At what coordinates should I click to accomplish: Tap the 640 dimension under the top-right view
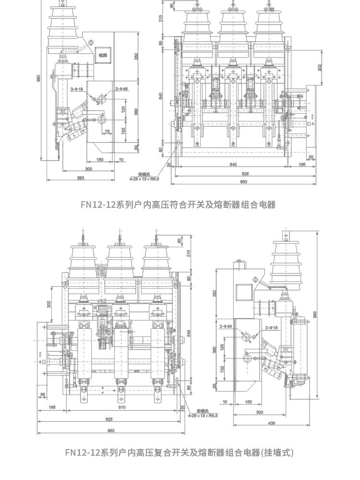(233, 165)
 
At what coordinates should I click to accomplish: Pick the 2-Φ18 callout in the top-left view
(77, 89)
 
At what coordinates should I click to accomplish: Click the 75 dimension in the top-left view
(108, 131)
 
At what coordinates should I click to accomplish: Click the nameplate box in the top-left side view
(103, 55)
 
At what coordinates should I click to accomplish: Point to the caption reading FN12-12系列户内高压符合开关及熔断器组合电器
(178, 204)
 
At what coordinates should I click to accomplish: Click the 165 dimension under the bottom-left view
(52, 408)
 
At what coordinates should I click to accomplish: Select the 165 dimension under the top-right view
(302, 165)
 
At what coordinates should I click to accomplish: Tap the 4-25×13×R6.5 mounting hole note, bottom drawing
(203, 414)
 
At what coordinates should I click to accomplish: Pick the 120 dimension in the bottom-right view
(222, 348)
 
